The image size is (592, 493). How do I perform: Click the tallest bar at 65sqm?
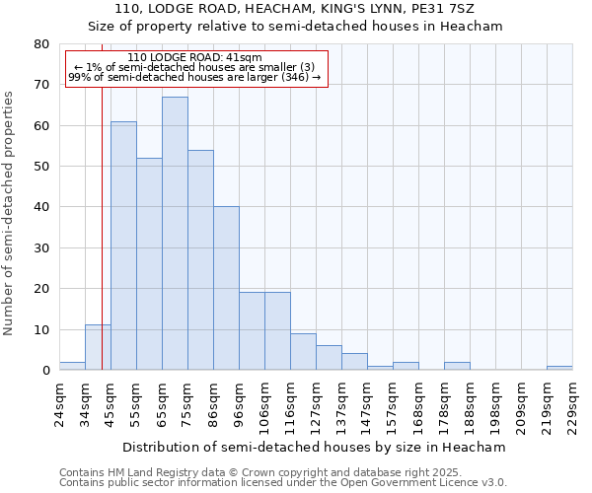coord(175,234)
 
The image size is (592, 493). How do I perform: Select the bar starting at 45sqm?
coord(123,246)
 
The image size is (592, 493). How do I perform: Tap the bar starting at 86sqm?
coord(226,289)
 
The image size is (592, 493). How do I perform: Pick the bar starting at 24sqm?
coord(72,366)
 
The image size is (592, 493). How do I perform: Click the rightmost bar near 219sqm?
coord(559,368)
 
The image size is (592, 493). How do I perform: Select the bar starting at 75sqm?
coord(200,260)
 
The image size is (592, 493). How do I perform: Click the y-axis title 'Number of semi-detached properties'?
coord(10,212)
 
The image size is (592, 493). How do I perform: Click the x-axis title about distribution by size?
coord(315,447)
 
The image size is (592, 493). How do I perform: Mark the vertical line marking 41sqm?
coord(102,227)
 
